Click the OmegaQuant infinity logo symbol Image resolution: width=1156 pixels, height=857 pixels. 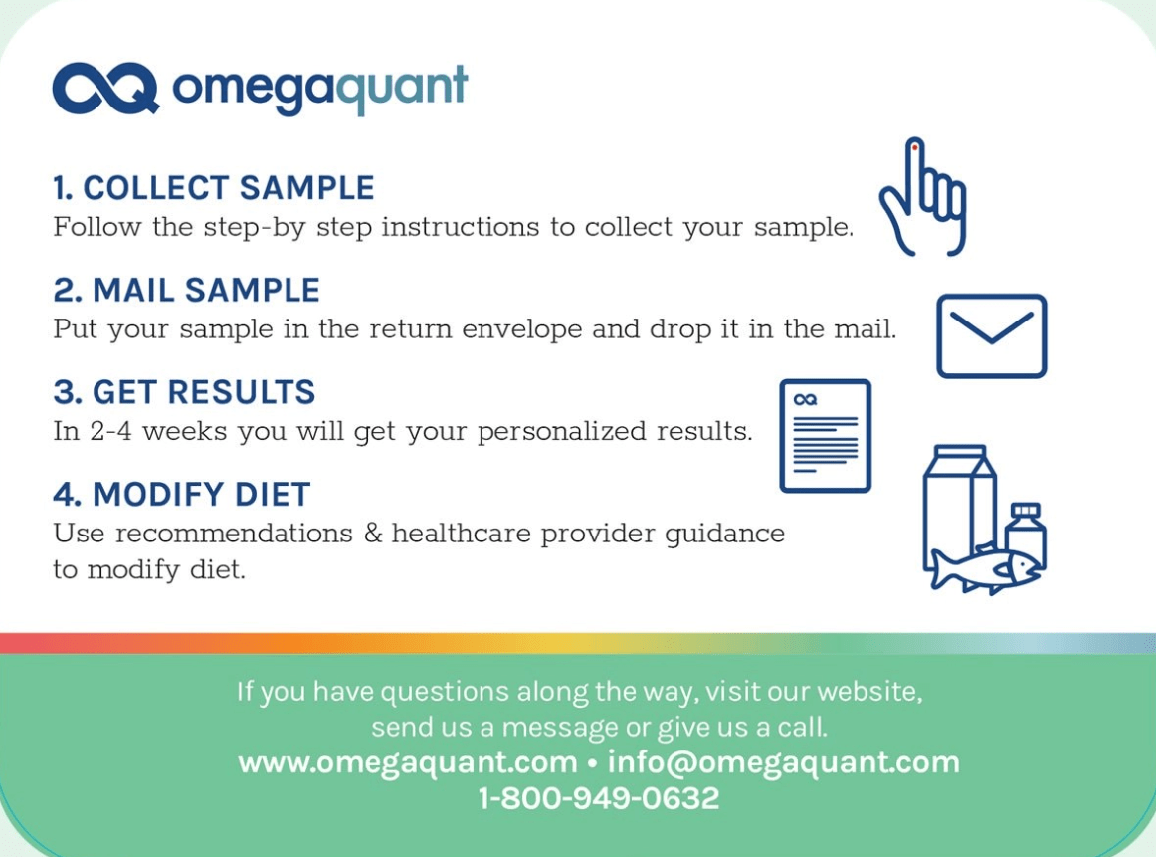pos(106,89)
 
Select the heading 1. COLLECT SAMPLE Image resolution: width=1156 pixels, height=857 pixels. pos(214,188)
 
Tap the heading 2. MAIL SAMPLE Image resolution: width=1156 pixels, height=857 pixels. pos(186,290)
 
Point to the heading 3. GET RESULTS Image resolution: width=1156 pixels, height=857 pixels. pos(184,392)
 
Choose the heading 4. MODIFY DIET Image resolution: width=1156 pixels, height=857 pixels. pos(182,494)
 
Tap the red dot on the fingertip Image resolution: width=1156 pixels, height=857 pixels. pos(915,147)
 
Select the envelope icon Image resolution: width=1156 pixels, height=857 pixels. pos(992,336)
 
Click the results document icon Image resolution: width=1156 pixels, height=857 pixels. pos(826,436)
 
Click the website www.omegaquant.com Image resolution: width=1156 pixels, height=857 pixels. pos(408,762)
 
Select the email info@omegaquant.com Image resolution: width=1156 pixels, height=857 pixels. pos(784,762)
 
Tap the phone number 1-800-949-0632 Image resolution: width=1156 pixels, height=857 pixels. pos(599,798)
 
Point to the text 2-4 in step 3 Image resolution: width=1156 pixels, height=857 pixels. pos(110,431)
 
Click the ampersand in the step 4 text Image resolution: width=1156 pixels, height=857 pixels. pos(373,533)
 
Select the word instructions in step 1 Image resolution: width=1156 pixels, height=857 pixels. pos(460,227)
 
